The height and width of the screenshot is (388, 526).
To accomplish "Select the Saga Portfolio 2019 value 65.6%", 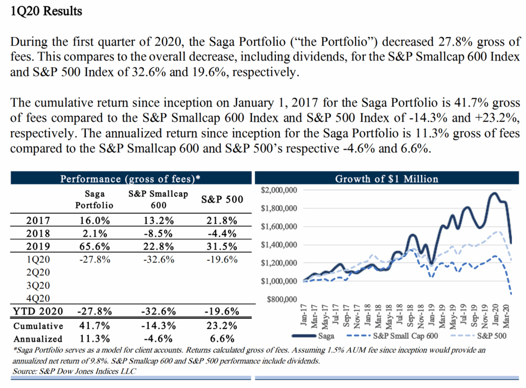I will pos(93,246).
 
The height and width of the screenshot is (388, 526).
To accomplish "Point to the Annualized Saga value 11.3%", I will pos(93,339).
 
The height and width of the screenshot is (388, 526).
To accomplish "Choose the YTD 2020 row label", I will pos(39,311).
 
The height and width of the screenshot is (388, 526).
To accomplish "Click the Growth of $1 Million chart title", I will pos(387,179).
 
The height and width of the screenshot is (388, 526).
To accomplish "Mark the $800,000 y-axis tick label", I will pos(281,299).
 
